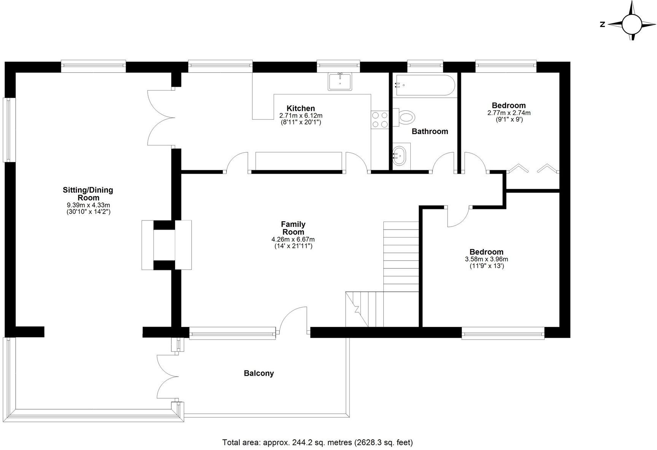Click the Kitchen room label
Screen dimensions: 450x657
(300, 109)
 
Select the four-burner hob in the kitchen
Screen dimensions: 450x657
(380, 119)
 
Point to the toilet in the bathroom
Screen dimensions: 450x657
(405, 116)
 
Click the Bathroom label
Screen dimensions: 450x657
(430, 131)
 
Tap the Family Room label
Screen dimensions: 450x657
(293, 228)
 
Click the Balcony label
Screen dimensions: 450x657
(259, 373)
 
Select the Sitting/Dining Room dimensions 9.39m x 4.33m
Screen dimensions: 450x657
(88, 205)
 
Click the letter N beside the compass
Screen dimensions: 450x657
(602, 24)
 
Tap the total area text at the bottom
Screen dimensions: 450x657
(317, 442)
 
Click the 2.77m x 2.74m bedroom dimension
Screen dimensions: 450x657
(509, 113)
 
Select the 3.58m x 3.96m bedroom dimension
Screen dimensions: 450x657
(486, 259)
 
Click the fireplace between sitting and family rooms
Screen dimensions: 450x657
(166, 245)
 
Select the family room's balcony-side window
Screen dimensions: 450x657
(232, 334)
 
